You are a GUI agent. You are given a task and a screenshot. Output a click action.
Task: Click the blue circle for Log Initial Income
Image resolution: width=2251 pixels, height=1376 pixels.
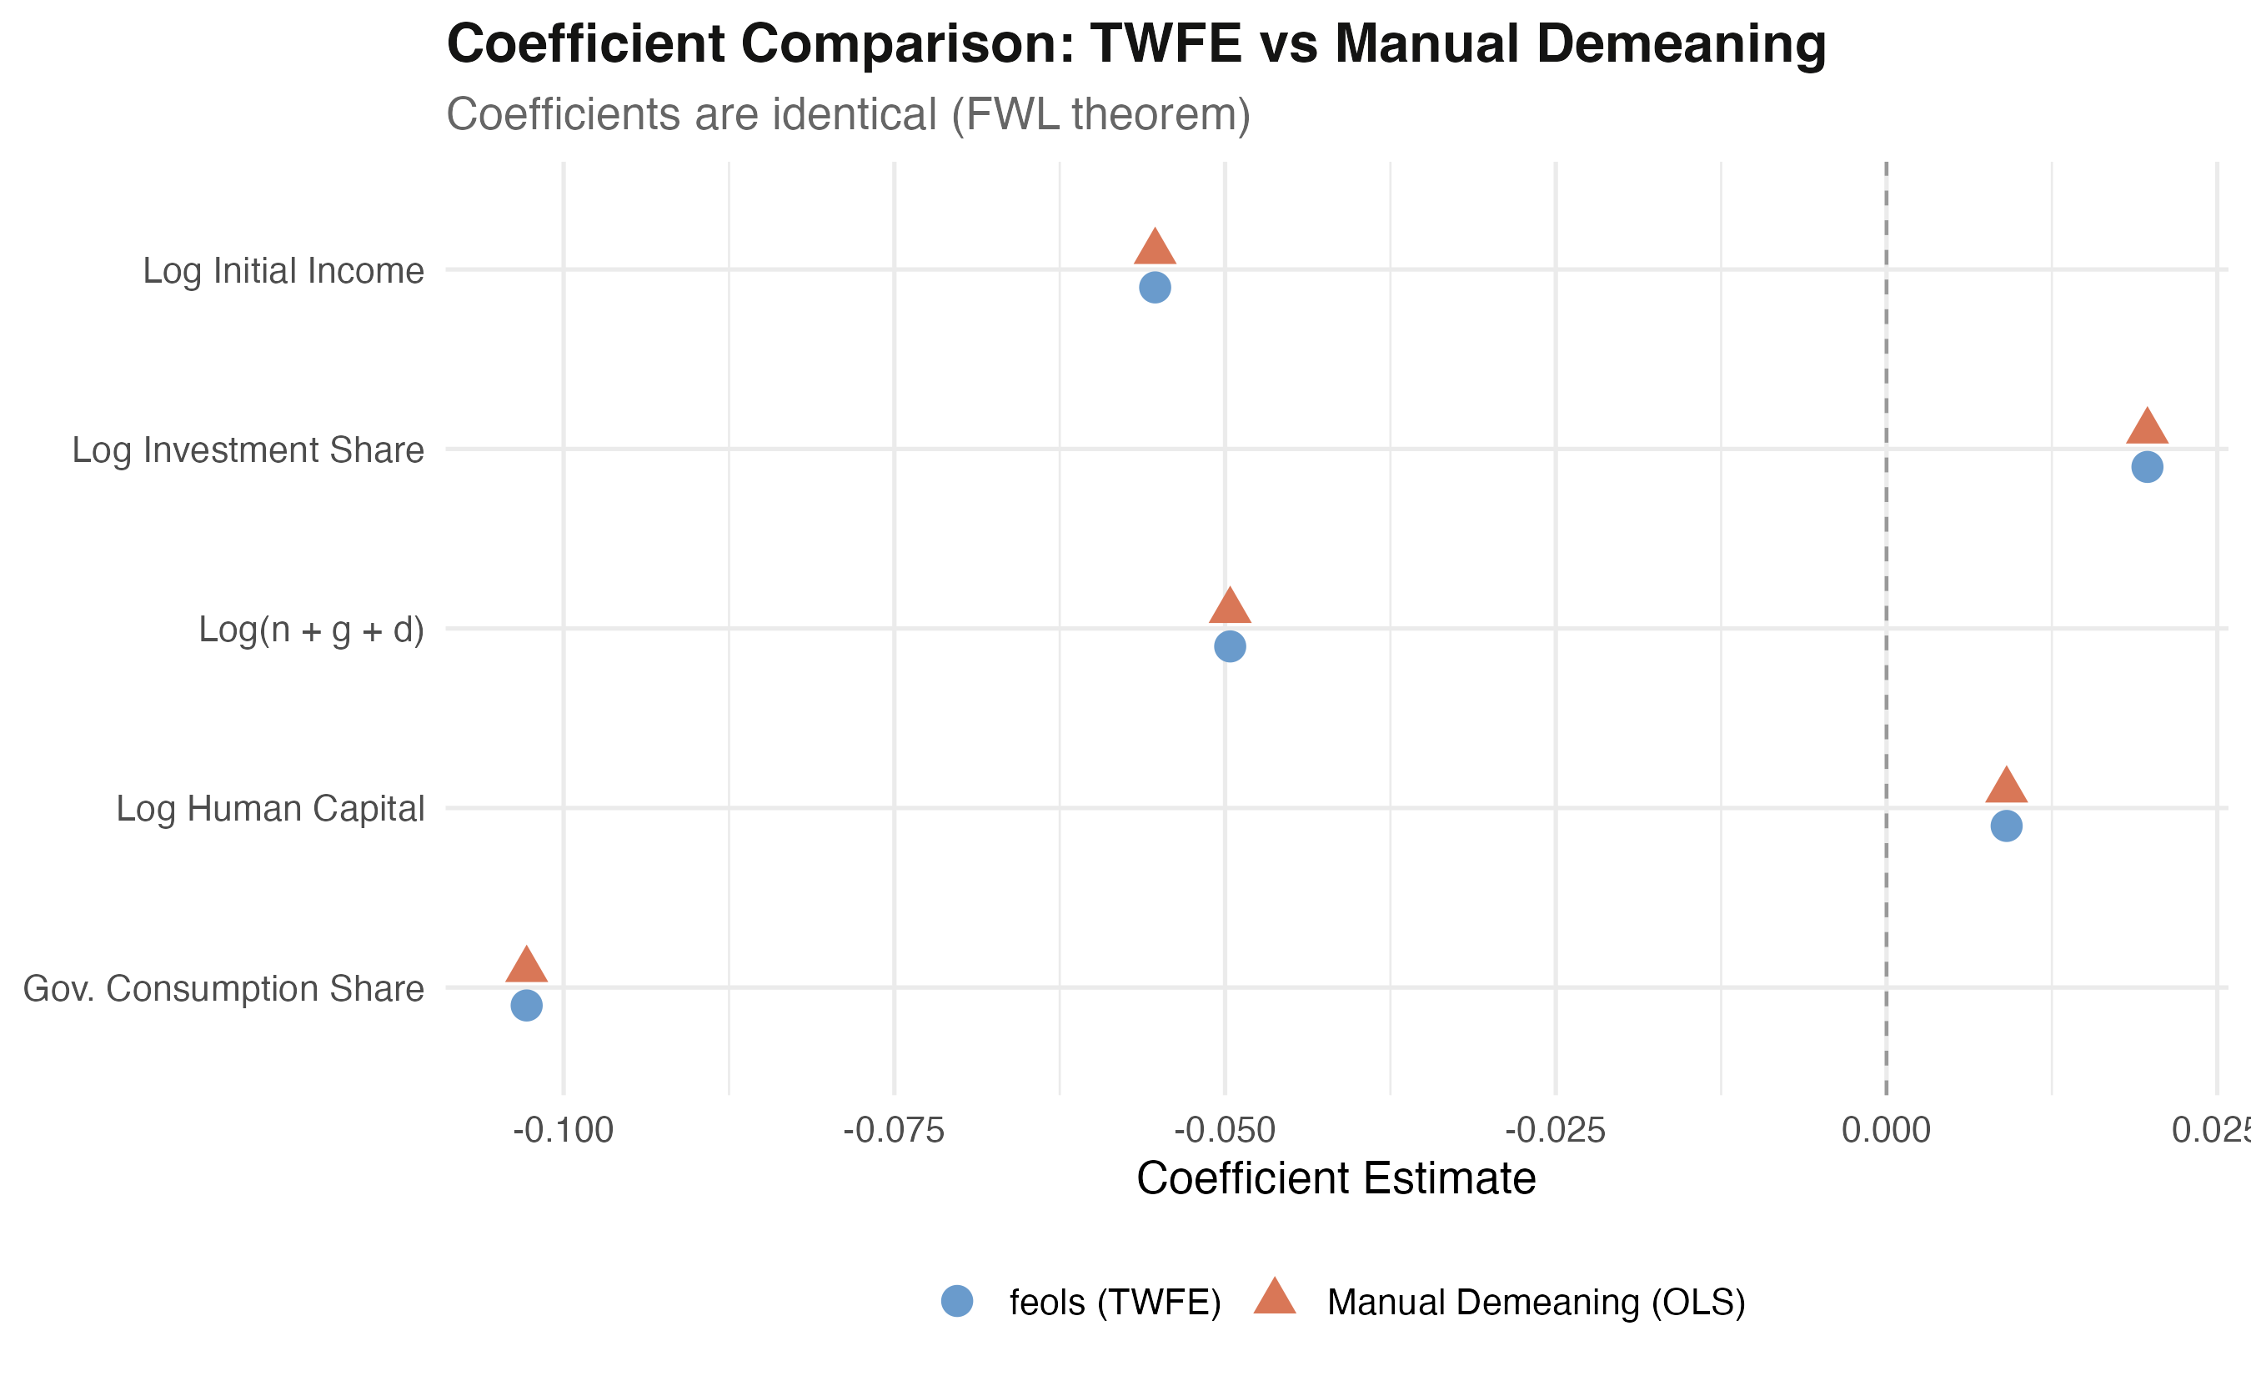(1155, 288)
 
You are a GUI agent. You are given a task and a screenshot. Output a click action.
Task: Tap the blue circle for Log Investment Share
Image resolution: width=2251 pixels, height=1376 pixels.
(2147, 467)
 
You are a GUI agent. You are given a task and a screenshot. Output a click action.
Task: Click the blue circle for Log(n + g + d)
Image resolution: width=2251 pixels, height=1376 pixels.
(1230, 647)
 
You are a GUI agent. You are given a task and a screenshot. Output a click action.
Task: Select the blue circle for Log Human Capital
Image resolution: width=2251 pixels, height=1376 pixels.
(2006, 826)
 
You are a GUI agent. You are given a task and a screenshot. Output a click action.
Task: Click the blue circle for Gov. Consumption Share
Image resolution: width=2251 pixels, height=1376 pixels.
(526, 1006)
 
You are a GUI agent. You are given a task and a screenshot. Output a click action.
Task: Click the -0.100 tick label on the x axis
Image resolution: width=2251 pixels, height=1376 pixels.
(563, 1131)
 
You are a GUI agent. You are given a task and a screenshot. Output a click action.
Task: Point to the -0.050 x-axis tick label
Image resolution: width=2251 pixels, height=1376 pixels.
(1224, 1131)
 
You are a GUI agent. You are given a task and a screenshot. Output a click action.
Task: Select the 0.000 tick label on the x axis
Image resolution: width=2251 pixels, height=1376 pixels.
(1886, 1131)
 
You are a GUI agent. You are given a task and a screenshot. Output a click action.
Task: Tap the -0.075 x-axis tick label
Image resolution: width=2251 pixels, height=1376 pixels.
(894, 1131)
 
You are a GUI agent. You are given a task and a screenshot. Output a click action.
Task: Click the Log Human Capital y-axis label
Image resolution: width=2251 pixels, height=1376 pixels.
(270, 810)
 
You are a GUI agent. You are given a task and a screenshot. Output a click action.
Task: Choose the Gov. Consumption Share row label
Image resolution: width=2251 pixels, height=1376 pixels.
(223, 988)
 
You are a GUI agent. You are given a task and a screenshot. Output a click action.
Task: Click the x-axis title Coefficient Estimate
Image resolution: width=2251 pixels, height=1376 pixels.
(1336, 1178)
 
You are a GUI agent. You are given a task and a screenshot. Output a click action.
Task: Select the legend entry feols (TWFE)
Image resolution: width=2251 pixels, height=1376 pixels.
(1115, 1302)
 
